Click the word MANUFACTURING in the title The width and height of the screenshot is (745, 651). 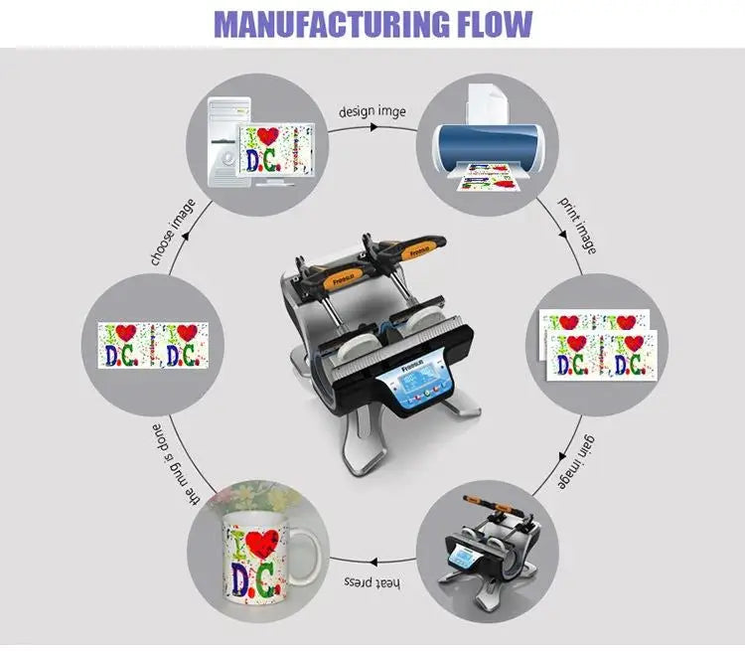tap(325, 23)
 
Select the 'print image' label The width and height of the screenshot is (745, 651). tap(575, 225)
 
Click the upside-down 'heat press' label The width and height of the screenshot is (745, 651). tap(371, 579)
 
